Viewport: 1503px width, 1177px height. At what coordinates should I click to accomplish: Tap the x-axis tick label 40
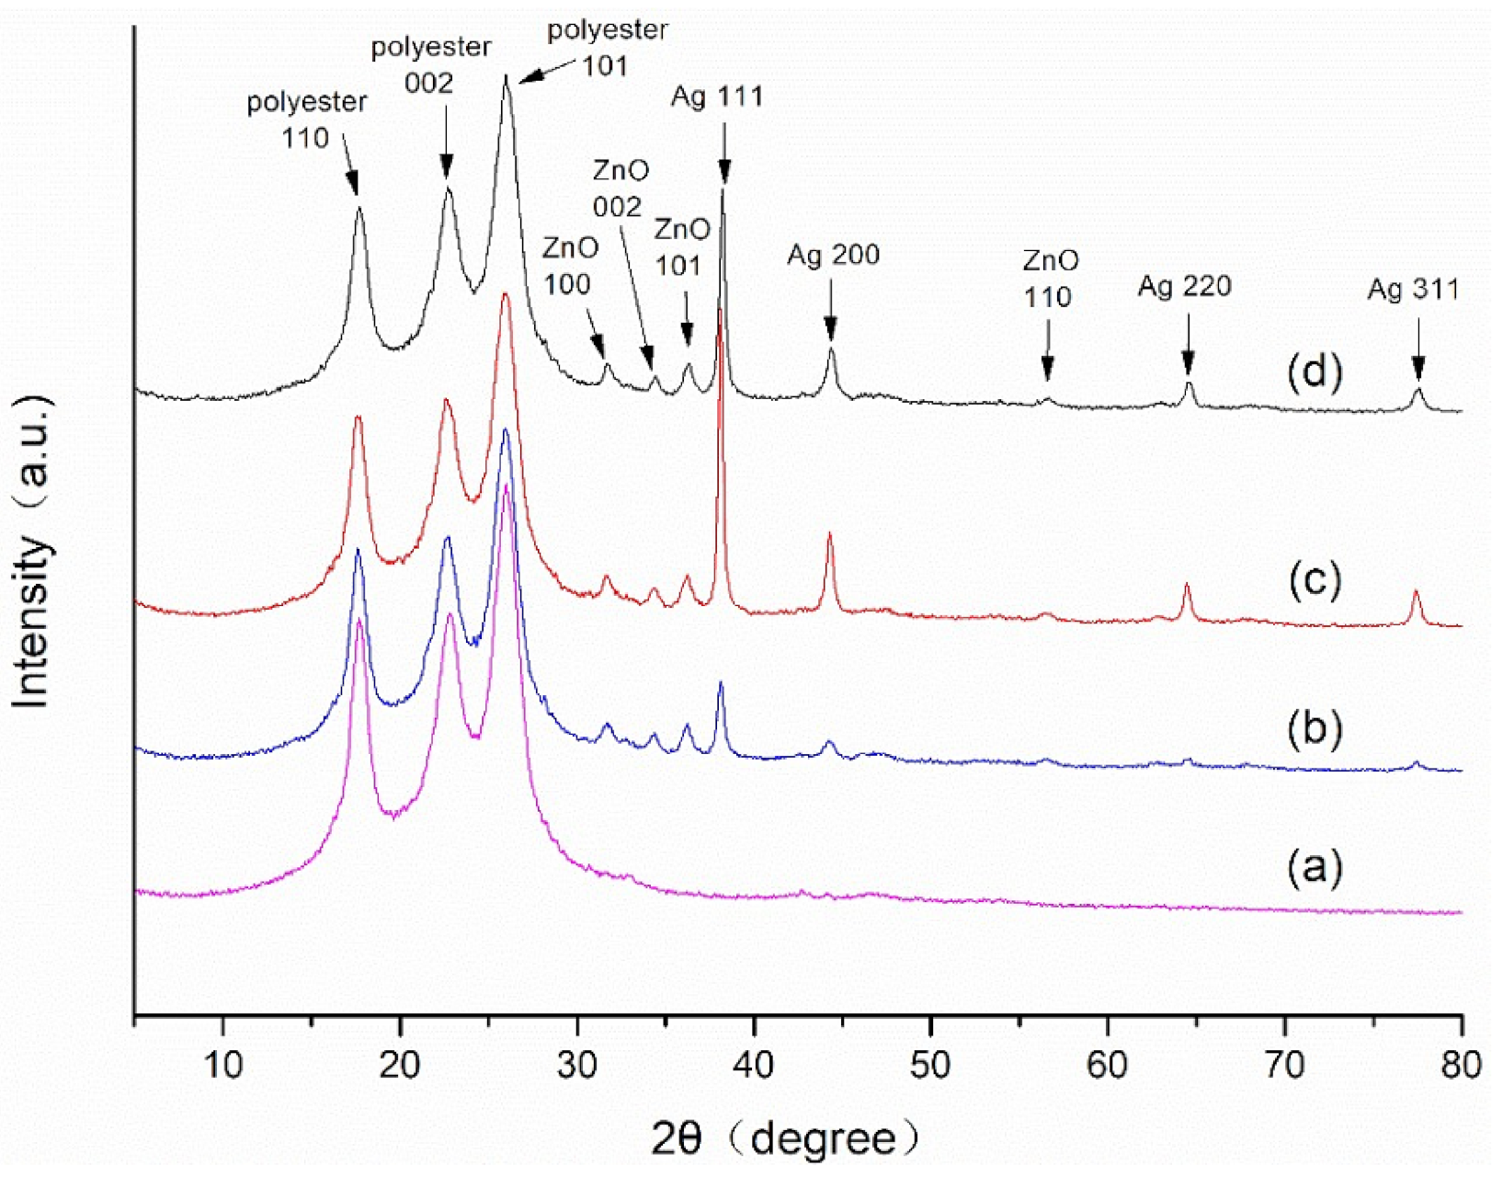point(753,1065)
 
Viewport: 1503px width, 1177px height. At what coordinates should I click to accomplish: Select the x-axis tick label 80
point(1461,1065)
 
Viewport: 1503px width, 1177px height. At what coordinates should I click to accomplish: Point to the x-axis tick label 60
point(1107,1065)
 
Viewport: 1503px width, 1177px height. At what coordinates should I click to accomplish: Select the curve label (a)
point(1315,865)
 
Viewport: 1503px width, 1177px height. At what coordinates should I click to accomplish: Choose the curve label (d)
point(1315,371)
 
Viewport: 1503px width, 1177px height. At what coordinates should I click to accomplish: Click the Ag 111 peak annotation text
point(717,97)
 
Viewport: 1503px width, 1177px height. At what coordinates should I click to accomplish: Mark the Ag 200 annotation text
point(833,255)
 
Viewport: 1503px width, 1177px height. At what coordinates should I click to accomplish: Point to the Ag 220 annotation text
point(1184,286)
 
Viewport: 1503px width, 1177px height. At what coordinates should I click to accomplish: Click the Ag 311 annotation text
point(1413,290)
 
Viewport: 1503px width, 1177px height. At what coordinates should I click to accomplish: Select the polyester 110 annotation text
point(306,120)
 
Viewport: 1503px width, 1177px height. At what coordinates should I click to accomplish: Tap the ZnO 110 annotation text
point(1050,279)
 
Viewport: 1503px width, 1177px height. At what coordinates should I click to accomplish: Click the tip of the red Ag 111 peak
point(720,310)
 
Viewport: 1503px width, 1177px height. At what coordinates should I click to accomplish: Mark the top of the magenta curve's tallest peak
point(506,486)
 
